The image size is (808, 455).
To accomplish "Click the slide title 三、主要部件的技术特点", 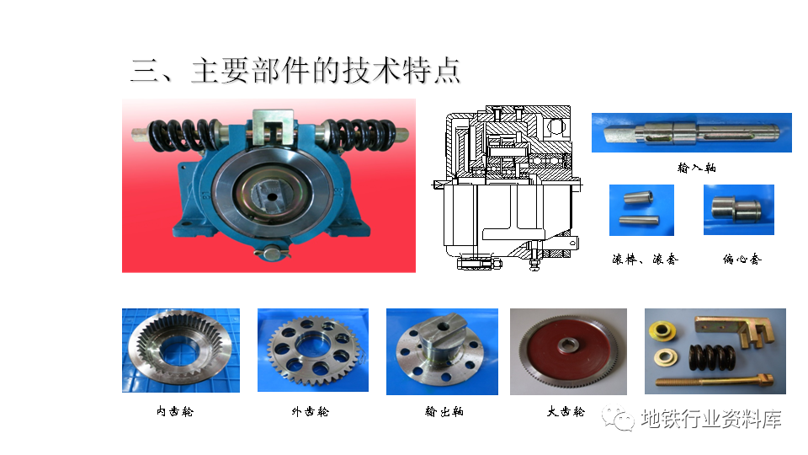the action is point(295,71).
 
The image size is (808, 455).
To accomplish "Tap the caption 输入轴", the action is point(696,168).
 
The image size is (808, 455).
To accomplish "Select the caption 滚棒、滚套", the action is point(645,259).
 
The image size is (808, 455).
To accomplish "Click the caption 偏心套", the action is point(742,259).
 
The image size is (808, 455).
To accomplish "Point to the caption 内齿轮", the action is point(175,411).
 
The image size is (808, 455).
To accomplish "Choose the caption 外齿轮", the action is point(310,411).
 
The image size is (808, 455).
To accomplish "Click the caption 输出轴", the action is point(444,411).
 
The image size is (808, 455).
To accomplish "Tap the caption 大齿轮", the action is point(566,411).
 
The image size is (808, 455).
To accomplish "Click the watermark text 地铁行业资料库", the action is point(711,419).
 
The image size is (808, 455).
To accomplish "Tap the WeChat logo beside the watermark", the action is point(618,417).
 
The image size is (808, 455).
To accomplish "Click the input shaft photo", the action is point(692,132).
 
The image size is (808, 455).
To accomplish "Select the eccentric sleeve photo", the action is point(738,210).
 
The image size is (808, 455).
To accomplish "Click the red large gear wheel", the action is point(568,353).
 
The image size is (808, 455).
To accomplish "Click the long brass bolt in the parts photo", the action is point(715,382).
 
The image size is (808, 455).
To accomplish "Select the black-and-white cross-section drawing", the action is point(507,188).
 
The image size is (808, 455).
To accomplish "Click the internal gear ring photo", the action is point(181,351).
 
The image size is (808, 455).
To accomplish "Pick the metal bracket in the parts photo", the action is point(734,330).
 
